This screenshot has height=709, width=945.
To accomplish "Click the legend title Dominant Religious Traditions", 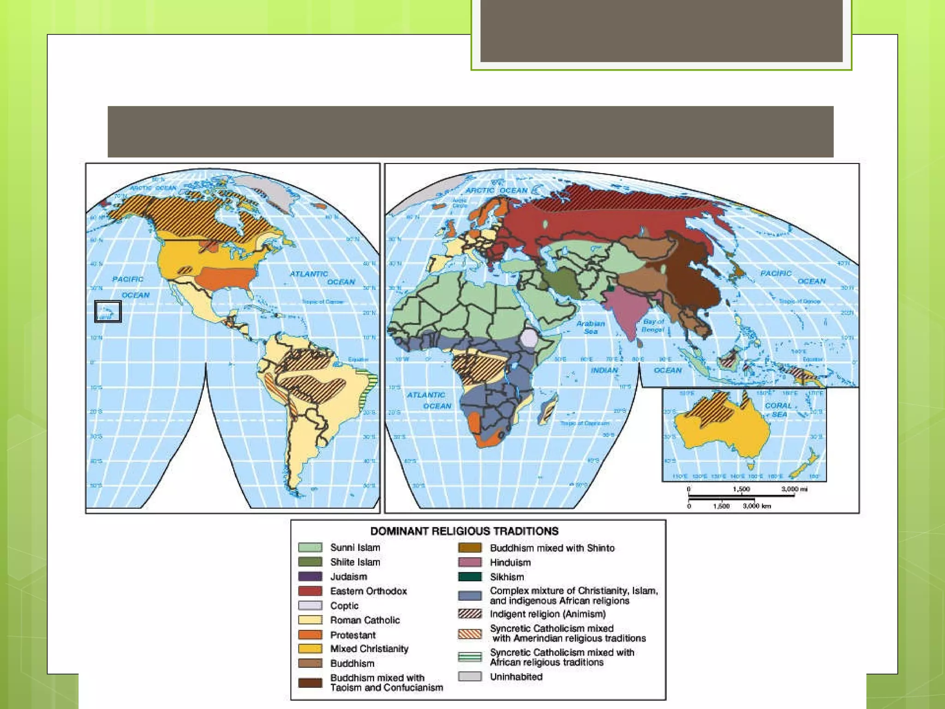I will coord(464,531).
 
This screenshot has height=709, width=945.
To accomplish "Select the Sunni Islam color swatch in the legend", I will coord(310,547).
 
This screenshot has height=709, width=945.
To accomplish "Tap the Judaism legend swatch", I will coord(310,577).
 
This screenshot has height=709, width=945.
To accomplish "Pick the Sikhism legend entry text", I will coord(507,577).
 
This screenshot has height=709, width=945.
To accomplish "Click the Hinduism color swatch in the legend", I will coord(470,562).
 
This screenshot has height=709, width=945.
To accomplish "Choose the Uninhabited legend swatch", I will coord(470,677).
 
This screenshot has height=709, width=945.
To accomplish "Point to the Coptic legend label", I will coord(344,606).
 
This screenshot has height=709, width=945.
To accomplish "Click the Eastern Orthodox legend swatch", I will coord(310,591).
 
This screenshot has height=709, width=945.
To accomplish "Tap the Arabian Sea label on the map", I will coord(591,327).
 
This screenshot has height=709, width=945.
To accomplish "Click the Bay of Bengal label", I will coord(653,325).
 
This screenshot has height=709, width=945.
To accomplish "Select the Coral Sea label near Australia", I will coord(778,410).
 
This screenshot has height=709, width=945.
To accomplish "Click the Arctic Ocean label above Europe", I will coord(496,190).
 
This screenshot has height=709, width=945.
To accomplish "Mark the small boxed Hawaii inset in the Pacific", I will coord(108,312).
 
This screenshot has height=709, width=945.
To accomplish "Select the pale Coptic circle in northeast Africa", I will coord(529,337).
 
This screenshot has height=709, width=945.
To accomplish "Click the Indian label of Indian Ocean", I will coord(604,370).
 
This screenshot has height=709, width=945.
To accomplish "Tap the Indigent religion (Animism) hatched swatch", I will coord(470,614).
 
